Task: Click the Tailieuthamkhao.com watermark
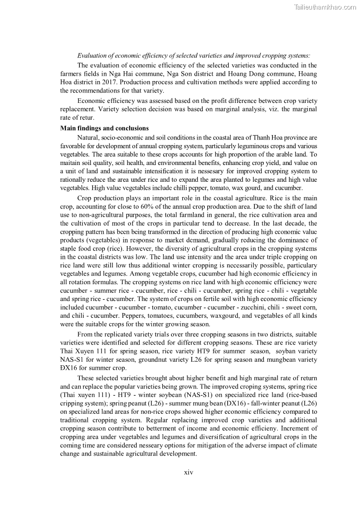pyautogui.click(x=325, y=7)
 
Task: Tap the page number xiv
pyautogui.click(x=189, y=472)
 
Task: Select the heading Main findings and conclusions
pyautogui.click(x=104, y=128)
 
